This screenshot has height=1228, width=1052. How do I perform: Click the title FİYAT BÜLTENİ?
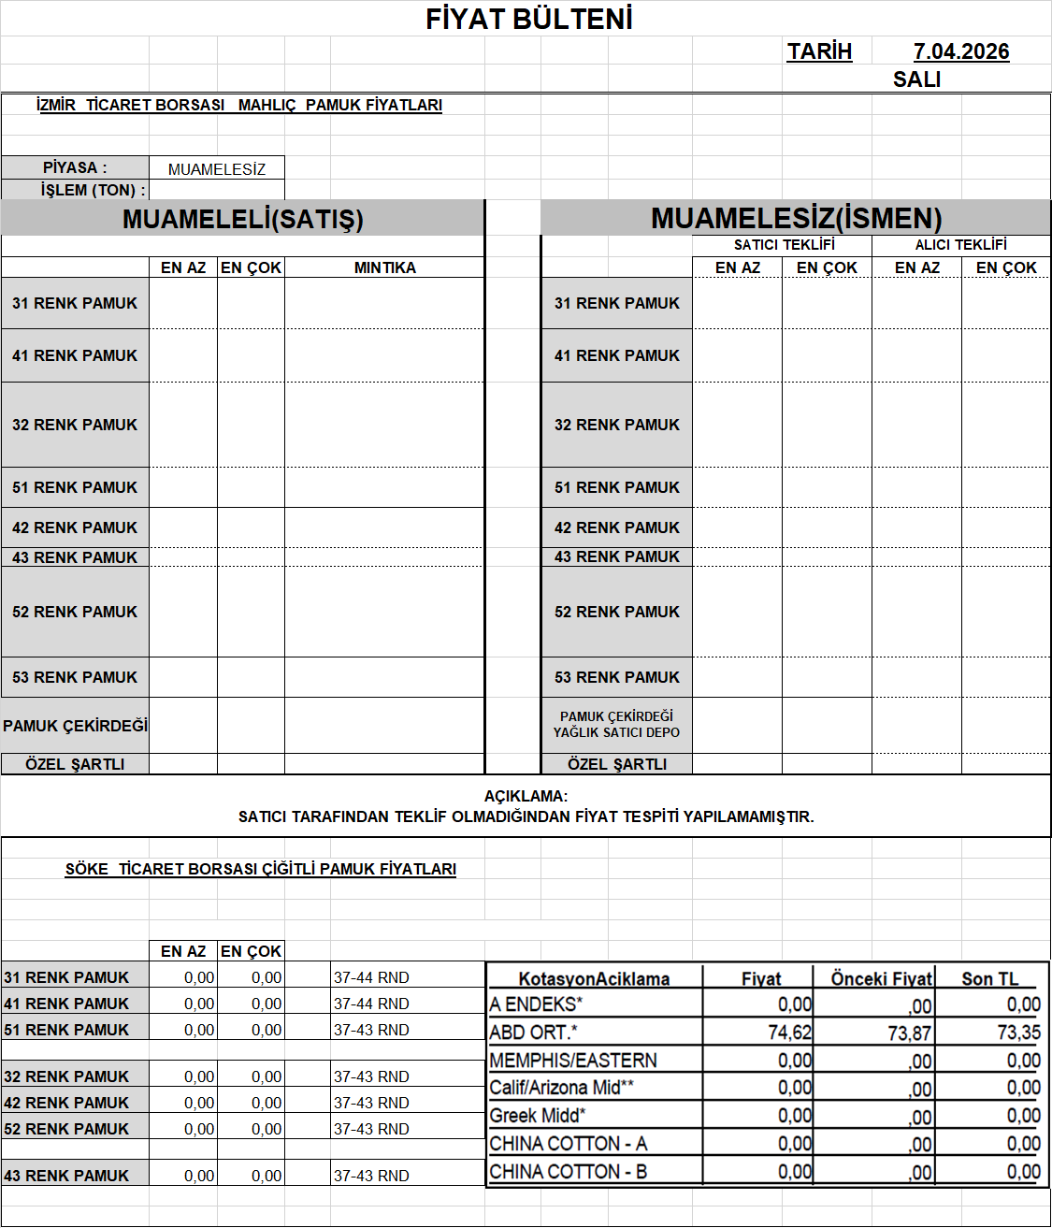pyautogui.click(x=529, y=20)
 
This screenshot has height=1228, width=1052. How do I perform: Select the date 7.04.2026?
pyautogui.click(x=961, y=51)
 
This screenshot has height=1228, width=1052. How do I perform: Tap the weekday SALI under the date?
pyautogui.click(x=916, y=79)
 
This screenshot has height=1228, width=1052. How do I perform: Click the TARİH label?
pyautogui.click(x=819, y=51)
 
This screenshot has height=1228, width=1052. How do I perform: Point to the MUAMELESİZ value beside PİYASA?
pyautogui.click(x=217, y=169)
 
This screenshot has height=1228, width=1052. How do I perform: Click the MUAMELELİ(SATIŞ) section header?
pyautogui.click(x=242, y=219)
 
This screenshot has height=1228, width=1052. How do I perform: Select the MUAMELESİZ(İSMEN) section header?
pyautogui.click(x=796, y=218)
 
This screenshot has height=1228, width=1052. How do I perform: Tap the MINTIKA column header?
pyautogui.click(x=384, y=267)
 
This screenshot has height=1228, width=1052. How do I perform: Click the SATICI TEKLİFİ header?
pyautogui.click(x=784, y=245)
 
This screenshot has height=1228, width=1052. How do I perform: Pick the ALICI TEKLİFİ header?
pyautogui.click(x=960, y=245)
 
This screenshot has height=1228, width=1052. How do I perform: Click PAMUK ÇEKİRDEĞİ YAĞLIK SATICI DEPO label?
pyautogui.click(x=616, y=725)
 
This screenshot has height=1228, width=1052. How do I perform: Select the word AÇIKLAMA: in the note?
pyautogui.click(x=526, y=797)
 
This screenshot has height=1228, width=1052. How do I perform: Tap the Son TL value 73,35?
pyautogui.click(x=1018, y=1033)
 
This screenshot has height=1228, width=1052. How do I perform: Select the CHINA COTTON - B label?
pyautogui.click(x=568, y=1172)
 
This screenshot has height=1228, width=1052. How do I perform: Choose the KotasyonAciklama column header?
pyautogui.click(x=594, y=979)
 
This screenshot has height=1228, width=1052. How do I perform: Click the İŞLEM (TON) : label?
pyautogui.click(x=93, y=190)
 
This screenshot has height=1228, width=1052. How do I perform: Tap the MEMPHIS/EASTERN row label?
pyautogui.click(x=573, y=1061)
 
